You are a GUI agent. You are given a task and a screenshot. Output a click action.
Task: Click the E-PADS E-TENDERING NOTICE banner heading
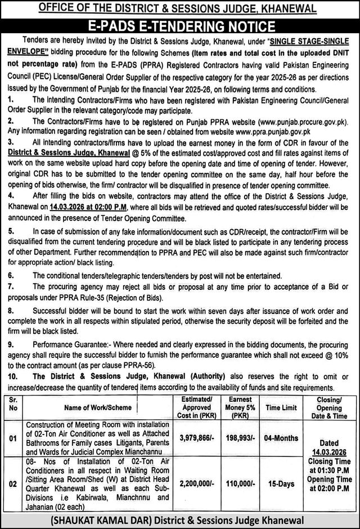pos(180,25)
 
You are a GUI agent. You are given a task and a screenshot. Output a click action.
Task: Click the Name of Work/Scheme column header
pos(98,407)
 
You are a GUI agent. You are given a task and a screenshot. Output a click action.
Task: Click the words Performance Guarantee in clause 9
pos(65,342)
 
